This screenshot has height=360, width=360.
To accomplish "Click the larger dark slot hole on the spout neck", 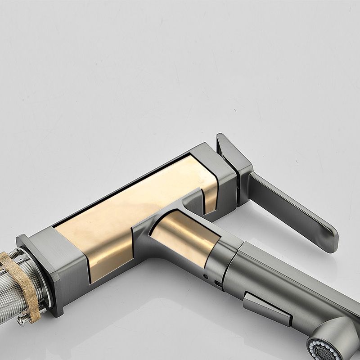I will (x=218, y=284).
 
